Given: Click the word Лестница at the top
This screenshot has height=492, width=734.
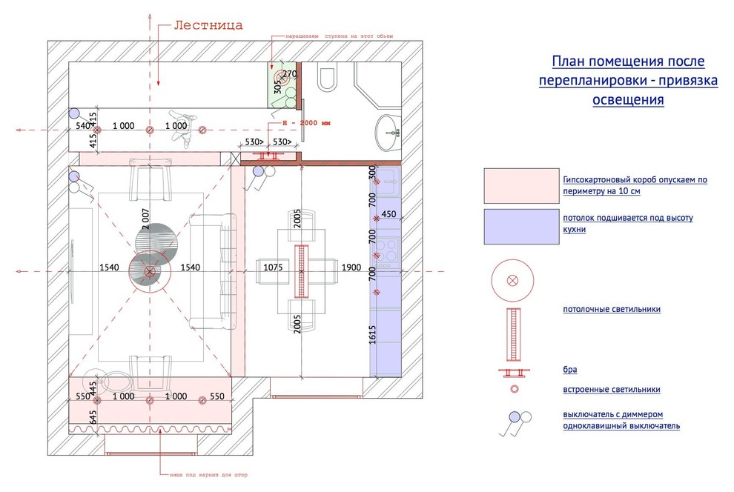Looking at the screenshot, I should (208, 26).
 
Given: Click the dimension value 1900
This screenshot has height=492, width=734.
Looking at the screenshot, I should (351, 267).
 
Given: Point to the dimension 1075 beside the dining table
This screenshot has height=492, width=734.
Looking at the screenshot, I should (275, 267).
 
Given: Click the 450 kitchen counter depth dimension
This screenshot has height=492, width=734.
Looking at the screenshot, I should (389, 215).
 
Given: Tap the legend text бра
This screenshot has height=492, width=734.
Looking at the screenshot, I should (569, 369).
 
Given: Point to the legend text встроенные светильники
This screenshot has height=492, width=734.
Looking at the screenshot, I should (611, 389).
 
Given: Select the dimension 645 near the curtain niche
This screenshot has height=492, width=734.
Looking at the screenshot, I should (93, 418).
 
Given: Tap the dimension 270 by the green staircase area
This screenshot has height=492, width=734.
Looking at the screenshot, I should (289, 74).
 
